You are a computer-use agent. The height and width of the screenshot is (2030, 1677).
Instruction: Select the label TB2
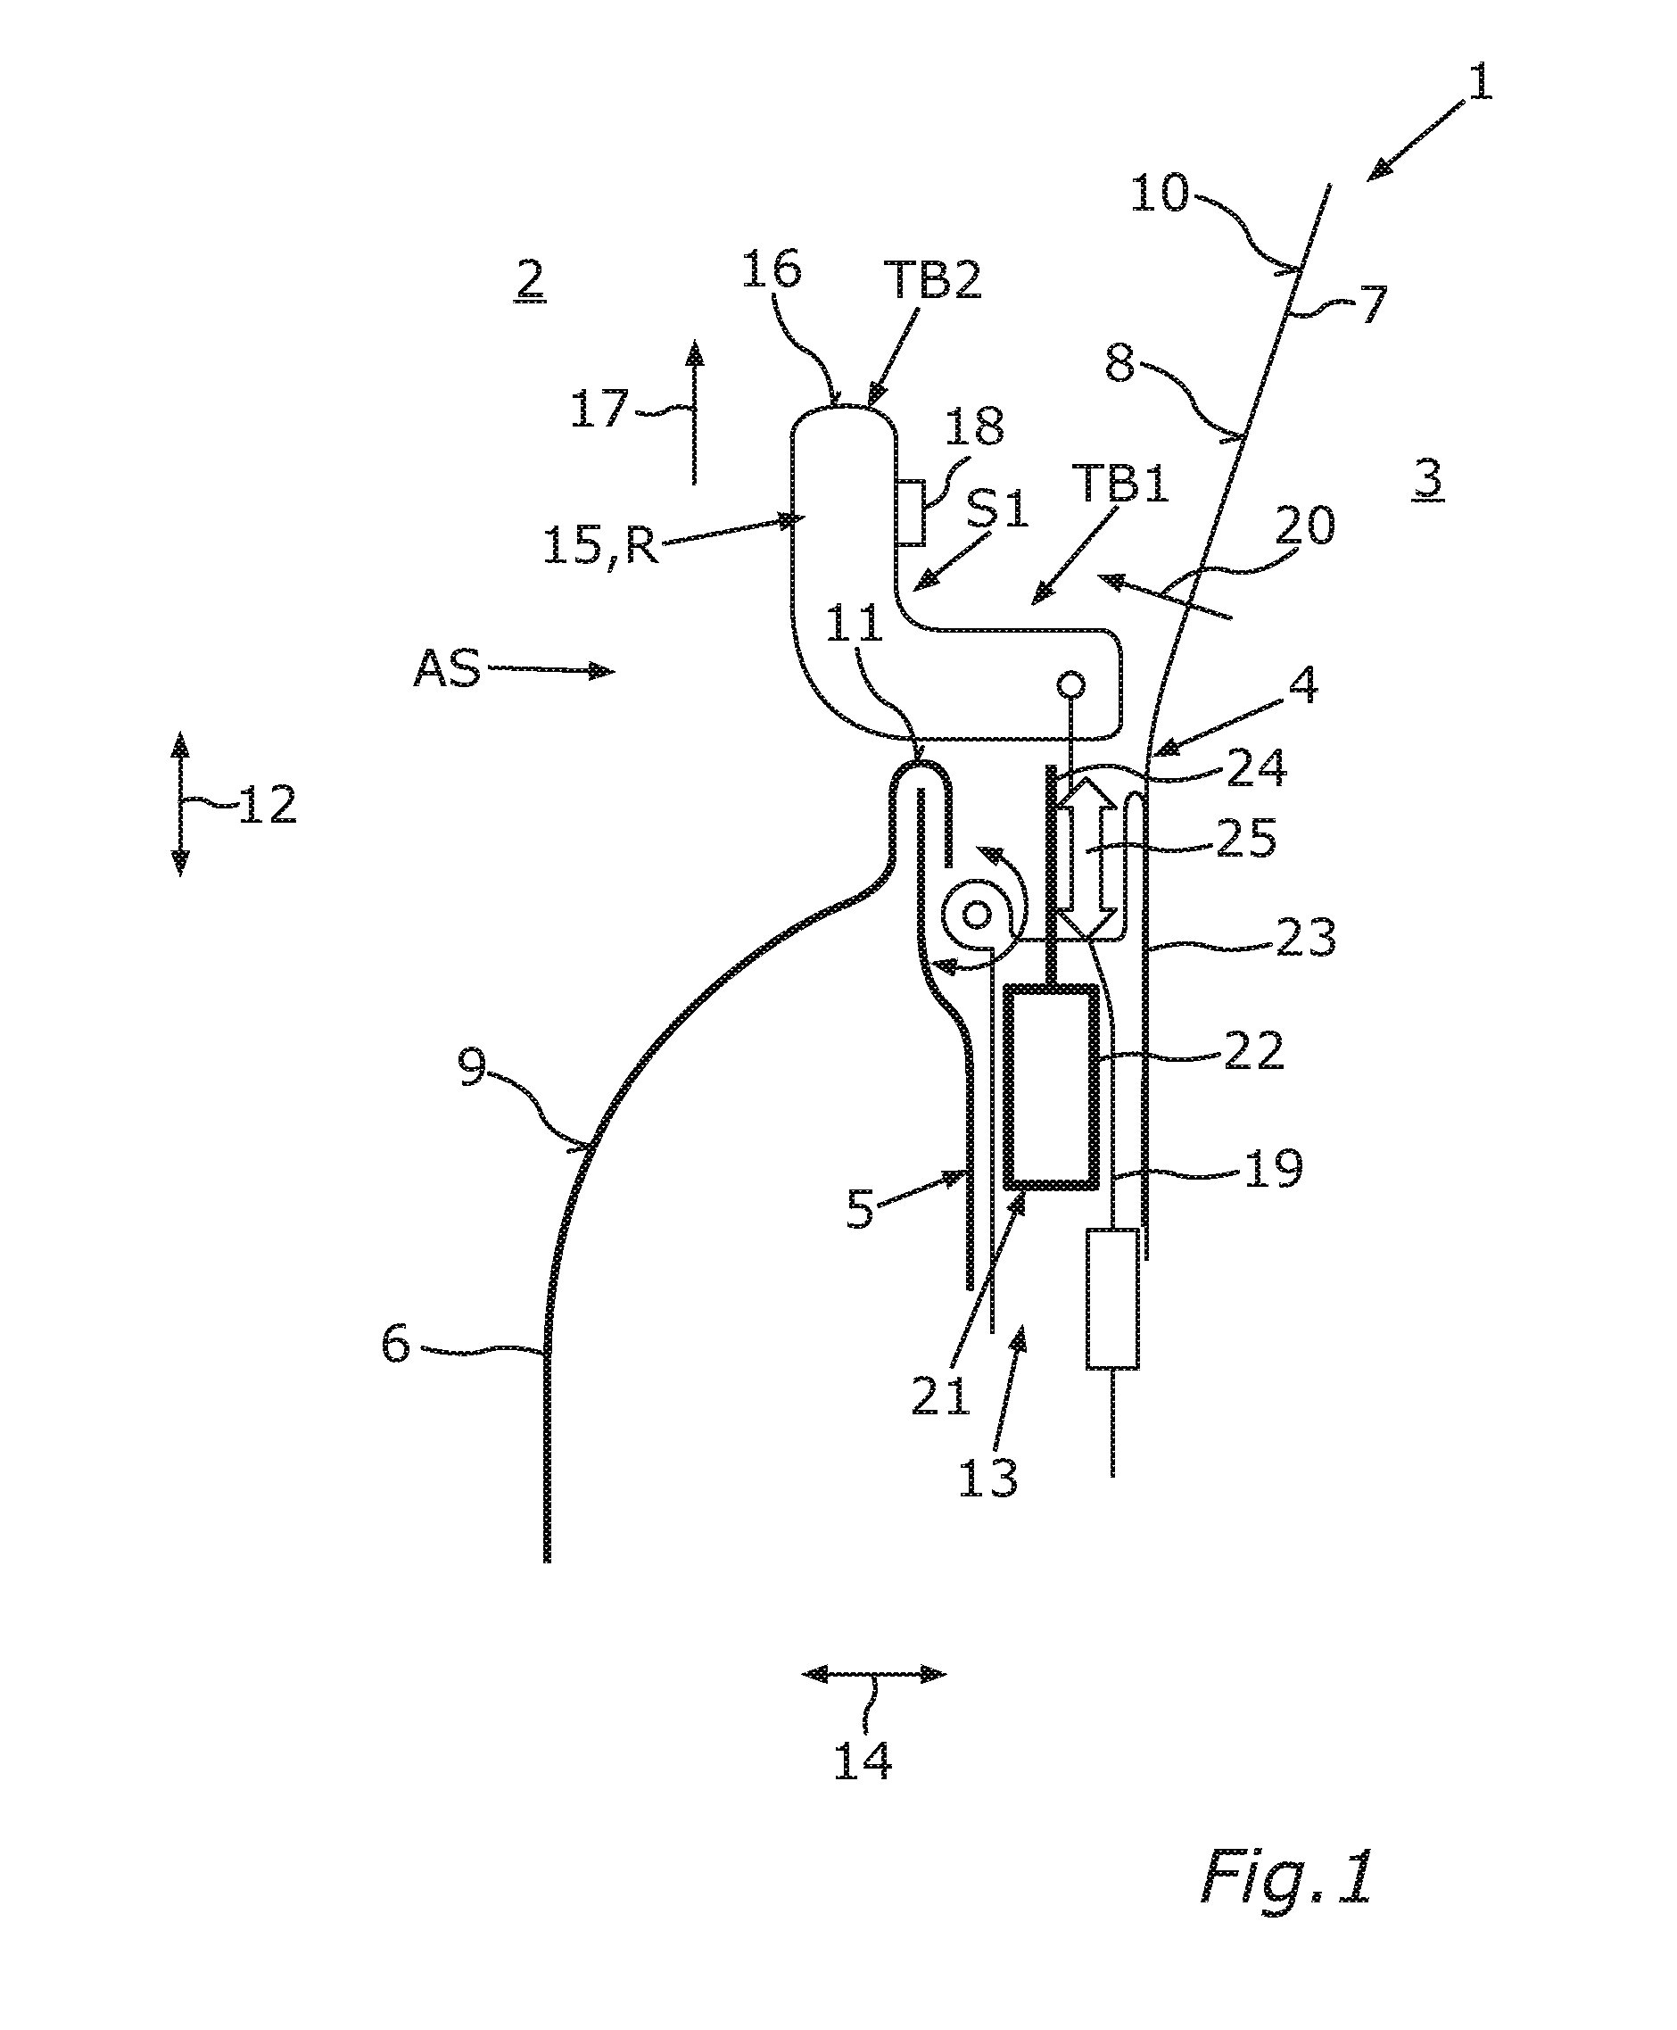pos(932,280)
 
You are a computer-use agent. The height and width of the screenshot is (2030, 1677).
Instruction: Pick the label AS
pos(446,667)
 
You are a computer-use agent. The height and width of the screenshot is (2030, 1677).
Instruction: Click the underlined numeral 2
pos(529,281)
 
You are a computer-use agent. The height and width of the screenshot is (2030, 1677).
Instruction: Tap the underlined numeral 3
pos(1428,479)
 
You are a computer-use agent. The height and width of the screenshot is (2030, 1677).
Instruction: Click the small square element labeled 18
pos(910,513)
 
